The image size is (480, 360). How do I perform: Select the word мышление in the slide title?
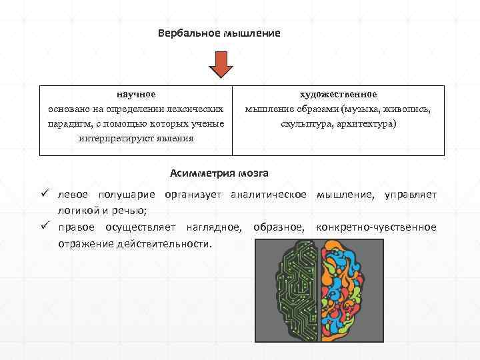tap(254, 33)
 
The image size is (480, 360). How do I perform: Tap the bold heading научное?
tap(137, 95)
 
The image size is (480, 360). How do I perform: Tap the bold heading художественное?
tap(338, 95)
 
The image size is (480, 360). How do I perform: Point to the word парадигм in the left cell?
tap(68, 124)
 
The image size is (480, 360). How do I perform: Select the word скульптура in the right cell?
tap(305, 124)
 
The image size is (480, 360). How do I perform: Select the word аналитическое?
tap(268, 195)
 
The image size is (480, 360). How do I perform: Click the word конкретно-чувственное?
tap(377, 227)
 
